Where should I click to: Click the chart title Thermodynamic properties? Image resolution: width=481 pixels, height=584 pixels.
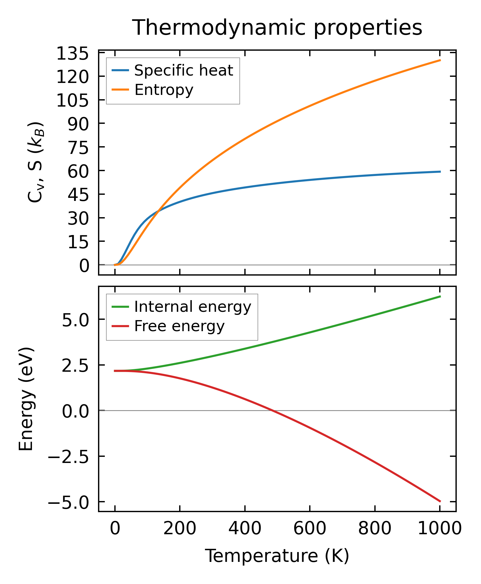277,28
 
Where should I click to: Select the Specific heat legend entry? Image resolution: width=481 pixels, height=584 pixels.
183,70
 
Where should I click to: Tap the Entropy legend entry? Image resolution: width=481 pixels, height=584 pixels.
164,90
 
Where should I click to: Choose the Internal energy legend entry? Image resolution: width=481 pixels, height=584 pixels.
193,307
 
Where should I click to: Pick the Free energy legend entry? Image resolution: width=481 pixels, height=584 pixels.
179,326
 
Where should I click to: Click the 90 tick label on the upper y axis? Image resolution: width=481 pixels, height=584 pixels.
78,123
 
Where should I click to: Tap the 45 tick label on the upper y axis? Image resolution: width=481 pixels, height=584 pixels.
78,194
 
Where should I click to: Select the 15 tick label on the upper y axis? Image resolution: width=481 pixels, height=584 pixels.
78,241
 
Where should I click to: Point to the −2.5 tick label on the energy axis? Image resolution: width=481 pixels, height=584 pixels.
68,457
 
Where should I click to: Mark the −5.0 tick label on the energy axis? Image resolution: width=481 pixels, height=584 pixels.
68,502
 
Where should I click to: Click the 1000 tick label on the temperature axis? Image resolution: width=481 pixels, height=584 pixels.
440,528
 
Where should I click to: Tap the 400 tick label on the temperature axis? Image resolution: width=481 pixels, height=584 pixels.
245,528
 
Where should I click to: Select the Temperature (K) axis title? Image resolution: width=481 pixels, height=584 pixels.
277,555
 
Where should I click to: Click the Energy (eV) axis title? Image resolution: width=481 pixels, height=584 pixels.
26,399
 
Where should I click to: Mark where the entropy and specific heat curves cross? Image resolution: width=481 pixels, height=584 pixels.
158,211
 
